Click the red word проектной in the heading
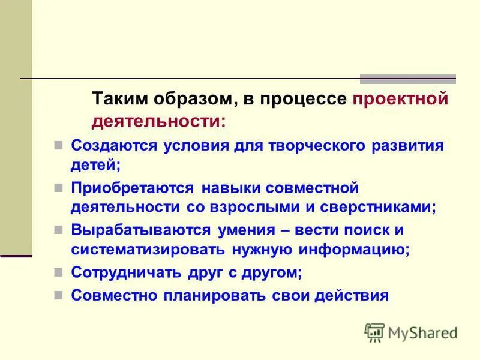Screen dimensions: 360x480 400,99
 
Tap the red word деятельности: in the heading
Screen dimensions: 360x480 159,121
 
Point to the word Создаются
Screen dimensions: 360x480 114,146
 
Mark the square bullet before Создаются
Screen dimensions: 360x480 58,146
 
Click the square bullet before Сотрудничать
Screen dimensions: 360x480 58,272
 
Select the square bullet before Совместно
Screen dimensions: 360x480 58,295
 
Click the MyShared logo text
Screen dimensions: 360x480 423,332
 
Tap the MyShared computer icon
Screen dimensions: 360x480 375,332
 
